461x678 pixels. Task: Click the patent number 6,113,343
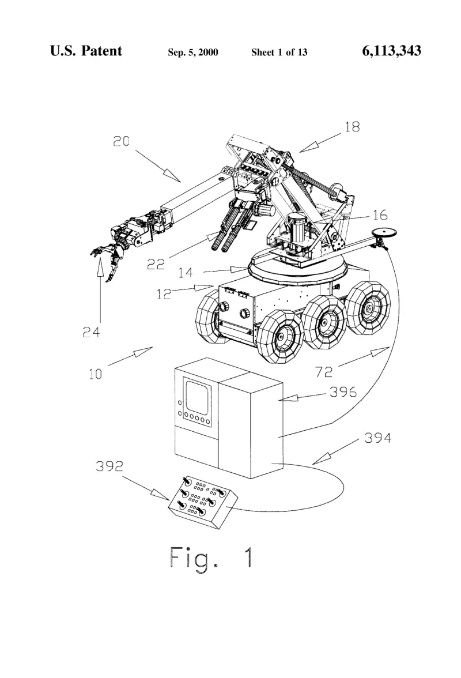(391, 51)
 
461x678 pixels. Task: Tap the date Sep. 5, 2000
(192, 52)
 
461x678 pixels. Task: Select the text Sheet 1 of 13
(279, 52)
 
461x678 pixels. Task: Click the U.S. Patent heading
(86, 51)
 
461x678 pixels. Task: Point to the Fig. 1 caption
(211, 558)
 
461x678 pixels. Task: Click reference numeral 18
(352, 127)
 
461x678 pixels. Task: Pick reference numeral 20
(122, 141)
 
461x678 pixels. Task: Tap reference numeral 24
(91, 332)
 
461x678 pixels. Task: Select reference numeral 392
(109, 466)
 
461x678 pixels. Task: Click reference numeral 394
(377, 438)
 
